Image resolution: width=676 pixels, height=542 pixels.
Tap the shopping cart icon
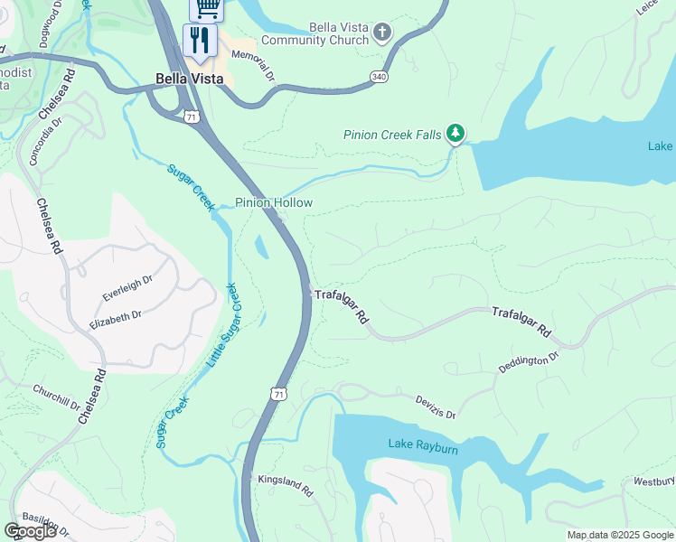pyautogui.click(x=207, y=7)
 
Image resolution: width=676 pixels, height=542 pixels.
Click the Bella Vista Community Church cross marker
pyautogui.click(x=381, y=33)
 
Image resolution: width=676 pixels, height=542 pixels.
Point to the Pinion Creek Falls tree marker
pyautogui.click(x=456, y=135)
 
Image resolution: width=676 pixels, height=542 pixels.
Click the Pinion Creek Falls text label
pyautogui.click(x=392, y=135)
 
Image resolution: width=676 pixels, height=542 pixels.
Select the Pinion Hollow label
pyautogui.click(x=274, y=202)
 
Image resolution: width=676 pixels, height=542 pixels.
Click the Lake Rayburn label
pyautogui.click(x=425, y=444)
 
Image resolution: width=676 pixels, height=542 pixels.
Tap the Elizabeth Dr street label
pyautogui.click(x=116, y=316)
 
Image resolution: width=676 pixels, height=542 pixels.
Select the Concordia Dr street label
pyautogui.click(x=45, y=140)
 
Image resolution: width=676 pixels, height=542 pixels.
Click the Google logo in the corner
pyautogui.click(x=31, y=531)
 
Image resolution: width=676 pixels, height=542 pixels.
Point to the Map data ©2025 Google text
pyautogui.click(x=619, y=535)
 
